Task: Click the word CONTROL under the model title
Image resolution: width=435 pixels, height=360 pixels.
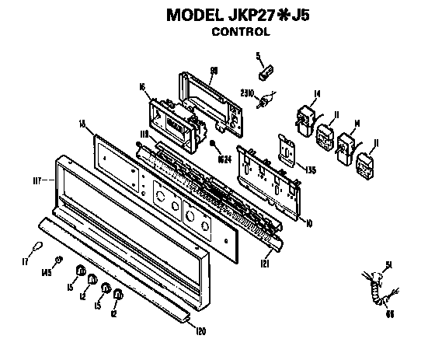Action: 241,33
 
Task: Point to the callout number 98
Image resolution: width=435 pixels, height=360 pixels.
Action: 214,70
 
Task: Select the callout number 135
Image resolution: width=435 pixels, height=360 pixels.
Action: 309,170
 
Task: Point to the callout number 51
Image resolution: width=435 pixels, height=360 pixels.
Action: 388,265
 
